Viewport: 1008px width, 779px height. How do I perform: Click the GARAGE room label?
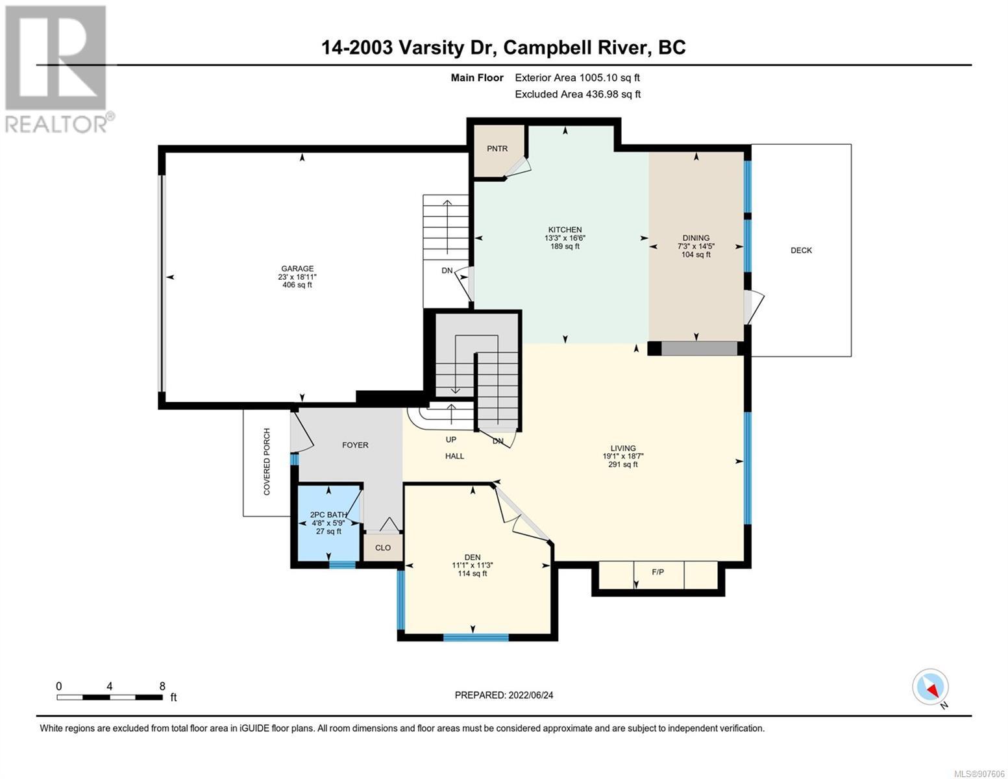(x=297, y=268)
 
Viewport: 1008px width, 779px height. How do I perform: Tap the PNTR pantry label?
(x=497, y=149)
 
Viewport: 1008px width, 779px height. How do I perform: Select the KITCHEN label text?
(x=565, y=230)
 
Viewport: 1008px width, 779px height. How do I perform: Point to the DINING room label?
(x=696, y=238)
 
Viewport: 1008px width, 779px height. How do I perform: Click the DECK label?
(x=801, y=250)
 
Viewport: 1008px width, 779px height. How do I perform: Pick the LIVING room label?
(x=623, y=448)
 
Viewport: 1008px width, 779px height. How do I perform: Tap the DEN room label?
(x=473, y=557)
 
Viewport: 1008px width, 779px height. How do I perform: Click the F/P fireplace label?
(x=658, y=572)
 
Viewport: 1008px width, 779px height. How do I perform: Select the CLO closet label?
(x=383, y=547)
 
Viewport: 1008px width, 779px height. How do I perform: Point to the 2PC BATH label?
(x=328, y=515)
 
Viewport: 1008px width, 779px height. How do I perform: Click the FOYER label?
(x=355, y=445)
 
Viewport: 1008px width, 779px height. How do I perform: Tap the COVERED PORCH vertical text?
(x=267, y=462)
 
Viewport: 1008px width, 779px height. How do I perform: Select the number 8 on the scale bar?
(x=162, y=686)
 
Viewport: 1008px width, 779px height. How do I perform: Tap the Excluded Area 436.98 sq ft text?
(x=578, y=94)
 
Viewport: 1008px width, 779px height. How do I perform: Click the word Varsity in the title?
(x=431, y=48)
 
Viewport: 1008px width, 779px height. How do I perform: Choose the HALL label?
(x=454, y=456)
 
